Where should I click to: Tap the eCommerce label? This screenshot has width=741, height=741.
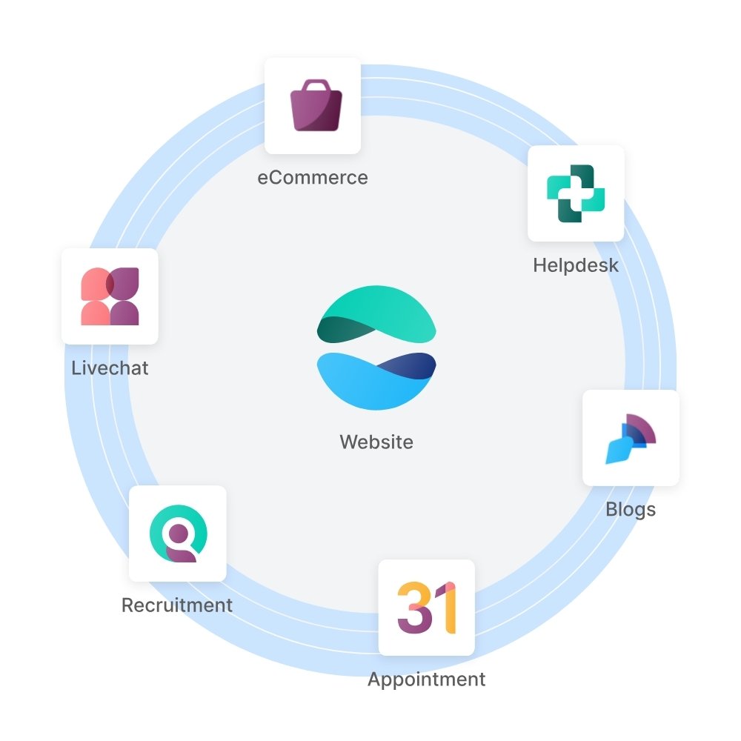pyautogui.click(x=312, y=178)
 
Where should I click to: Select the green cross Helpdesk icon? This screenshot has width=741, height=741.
pyautogui.click(x=576, y=193)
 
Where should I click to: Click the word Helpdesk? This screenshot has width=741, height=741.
pyautogui.click(x=576, y=265)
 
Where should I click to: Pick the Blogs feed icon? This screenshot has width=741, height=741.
pyautogui.click(x=631, y=439)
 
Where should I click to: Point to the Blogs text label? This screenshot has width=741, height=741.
pyautogui.click(x=631, y=510)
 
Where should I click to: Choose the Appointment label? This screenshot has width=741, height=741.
pyautogui.click(x=427, y=679)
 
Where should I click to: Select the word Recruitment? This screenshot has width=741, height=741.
pyautogui.click(x=177, y=605)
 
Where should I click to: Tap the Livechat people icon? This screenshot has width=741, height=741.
pyautogui.click(x=110, y=296)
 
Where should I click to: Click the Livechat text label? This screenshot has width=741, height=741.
pyautogui.click(x=110, y=368)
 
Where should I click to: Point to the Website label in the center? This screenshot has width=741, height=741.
pyautogui.click(x=376, y=442)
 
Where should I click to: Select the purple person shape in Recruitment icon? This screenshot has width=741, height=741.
pyautogui.click(x=182, y=550)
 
